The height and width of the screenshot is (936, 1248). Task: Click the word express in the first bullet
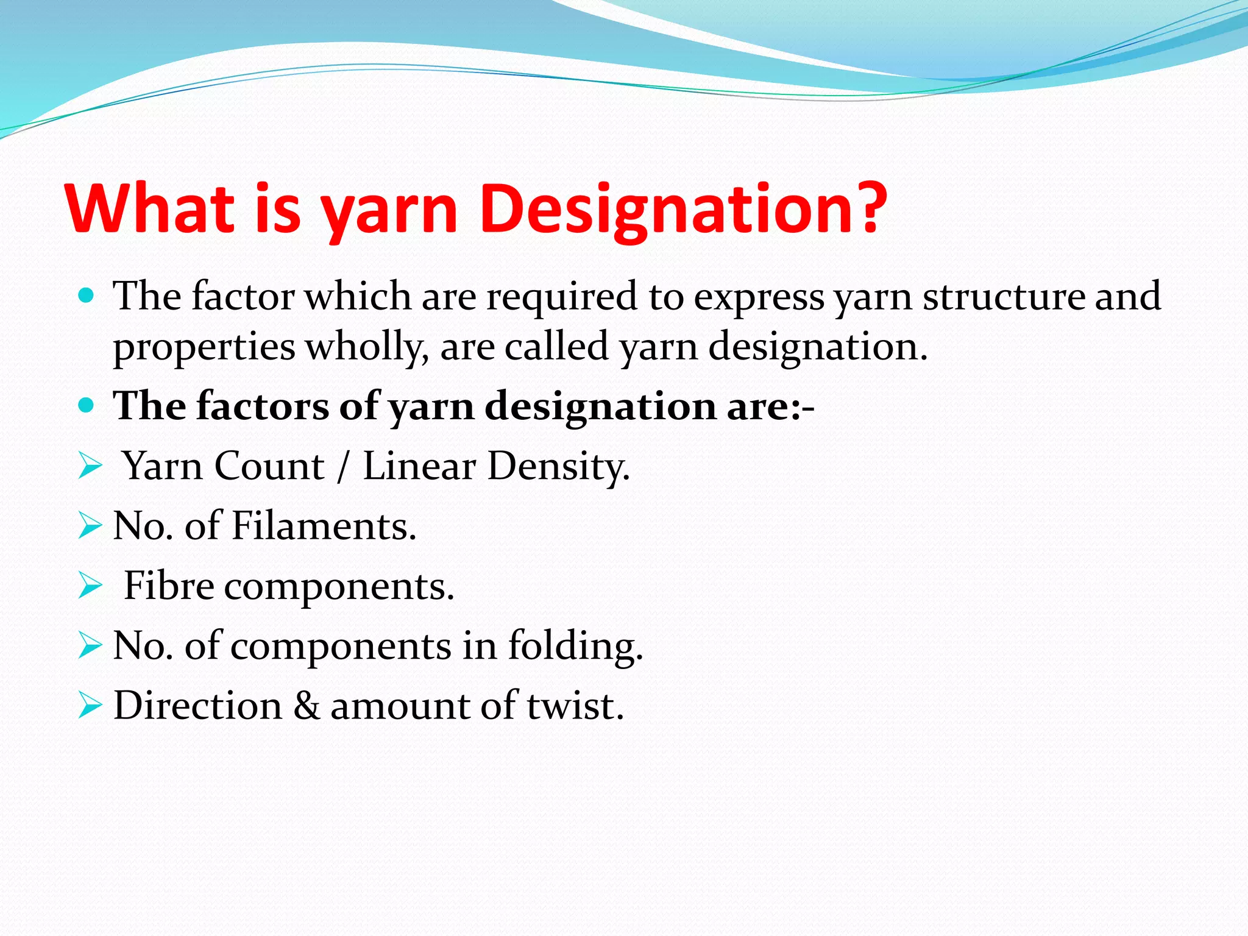(759, 297)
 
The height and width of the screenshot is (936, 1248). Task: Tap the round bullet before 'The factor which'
(87, 297)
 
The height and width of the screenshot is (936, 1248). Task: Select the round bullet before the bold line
(87, 406)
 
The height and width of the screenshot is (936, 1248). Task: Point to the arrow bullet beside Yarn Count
(90, 467)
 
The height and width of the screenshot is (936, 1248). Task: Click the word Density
(557, 468)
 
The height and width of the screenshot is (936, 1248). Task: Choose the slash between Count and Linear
(344, 467)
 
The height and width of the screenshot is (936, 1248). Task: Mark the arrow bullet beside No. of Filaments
(90, 526)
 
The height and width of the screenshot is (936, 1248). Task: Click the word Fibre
(169, 586)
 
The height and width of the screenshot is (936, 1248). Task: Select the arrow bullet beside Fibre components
(90, 586)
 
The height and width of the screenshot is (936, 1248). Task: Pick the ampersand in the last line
(307, 706)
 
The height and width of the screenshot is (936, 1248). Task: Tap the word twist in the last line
(575, 706)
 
